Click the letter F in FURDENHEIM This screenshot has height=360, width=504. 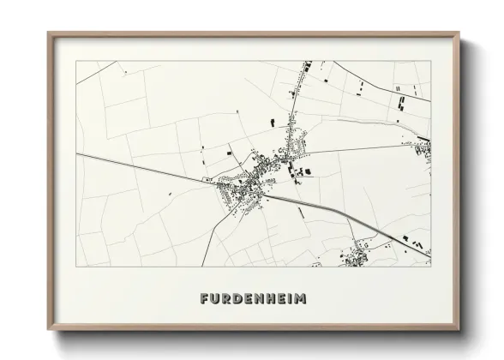point(204,299)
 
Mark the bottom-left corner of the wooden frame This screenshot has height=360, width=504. point(49,329)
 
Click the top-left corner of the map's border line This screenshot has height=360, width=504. point(76,61)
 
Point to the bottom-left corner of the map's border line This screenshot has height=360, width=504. point(76,267)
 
